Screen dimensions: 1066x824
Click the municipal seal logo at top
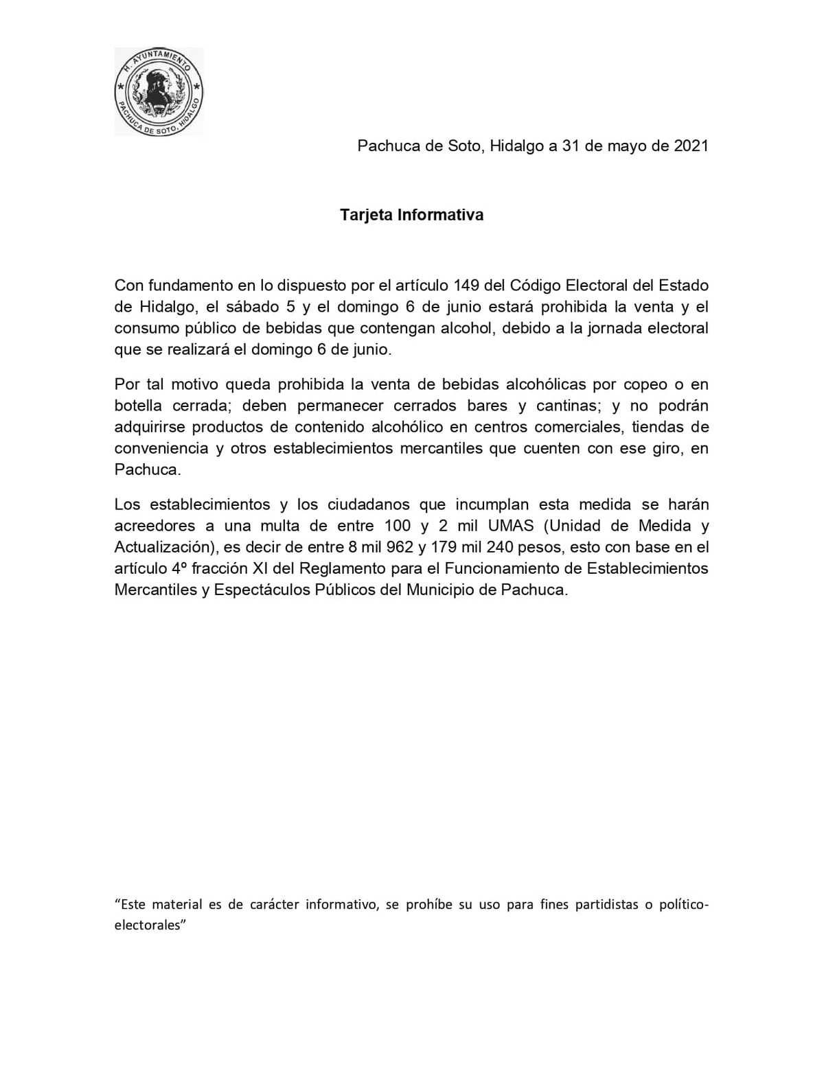coord(159,91)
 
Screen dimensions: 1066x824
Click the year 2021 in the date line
coord(691,146)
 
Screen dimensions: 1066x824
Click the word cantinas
coord(566,406)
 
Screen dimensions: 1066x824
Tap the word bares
coord(487,406)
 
